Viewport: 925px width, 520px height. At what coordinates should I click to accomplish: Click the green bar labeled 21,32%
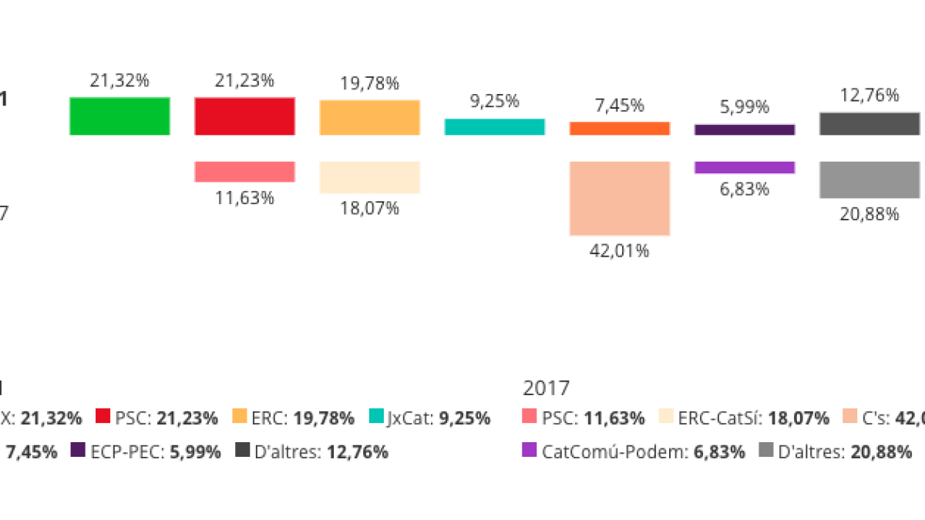[119, 116]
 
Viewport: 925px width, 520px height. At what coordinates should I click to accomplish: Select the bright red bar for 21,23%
[244, 116]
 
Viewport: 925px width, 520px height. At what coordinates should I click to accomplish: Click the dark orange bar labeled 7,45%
[619, 129]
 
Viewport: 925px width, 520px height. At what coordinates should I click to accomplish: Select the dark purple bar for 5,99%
[744, 130]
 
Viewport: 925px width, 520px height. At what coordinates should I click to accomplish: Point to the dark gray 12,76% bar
[869, 124]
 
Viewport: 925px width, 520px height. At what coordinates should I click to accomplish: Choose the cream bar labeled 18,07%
[369, 177]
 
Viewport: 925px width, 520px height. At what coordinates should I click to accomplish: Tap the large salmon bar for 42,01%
[619, 198]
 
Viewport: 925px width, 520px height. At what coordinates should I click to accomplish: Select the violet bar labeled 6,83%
[744, 167]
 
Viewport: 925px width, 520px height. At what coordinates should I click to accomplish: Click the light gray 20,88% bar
[869, 179]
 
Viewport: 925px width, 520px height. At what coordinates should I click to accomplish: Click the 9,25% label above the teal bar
[494, 101]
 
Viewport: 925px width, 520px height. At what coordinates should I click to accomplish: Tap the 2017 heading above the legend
[546, 387]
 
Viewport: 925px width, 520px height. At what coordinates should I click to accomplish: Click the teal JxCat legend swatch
[376, 418]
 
